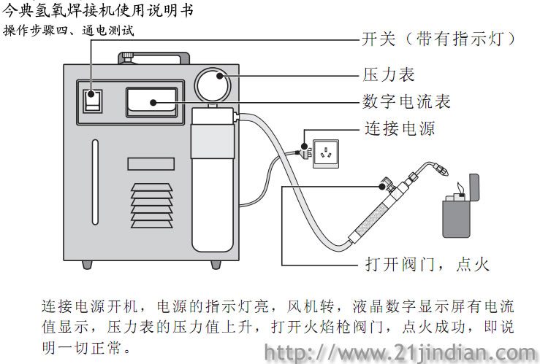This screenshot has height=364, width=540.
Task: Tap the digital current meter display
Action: [x=153, y=102]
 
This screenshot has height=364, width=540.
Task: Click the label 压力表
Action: [x=389, y=75]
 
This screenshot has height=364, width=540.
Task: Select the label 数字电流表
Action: [x=406, y=101]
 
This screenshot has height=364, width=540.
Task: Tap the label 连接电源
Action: [x=399, y=129]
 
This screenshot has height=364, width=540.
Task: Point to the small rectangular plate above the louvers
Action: [x=152, y=163]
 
